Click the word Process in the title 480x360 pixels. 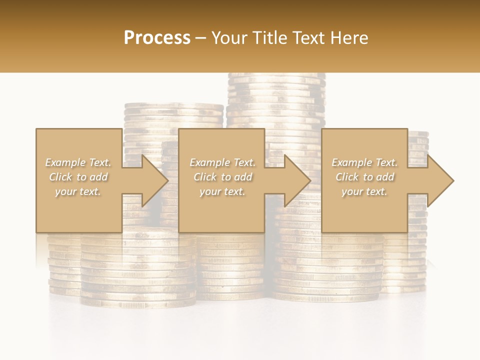point(157,38)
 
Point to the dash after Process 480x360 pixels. point(200,38)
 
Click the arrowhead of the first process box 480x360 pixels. point(155,180)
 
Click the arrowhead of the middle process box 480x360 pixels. point(297,180)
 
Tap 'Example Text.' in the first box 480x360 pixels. point(78,162)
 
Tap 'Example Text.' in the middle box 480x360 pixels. point(222,162)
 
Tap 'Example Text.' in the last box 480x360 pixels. point(364,162)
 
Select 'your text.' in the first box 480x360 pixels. point(78,191)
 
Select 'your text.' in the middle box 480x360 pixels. point(222,191)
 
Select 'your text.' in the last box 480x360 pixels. point(364,191)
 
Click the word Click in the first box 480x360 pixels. point(61,177)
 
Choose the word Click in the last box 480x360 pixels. point(347,177)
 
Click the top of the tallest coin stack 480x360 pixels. point(276,77)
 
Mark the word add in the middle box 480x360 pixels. point(243,177)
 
